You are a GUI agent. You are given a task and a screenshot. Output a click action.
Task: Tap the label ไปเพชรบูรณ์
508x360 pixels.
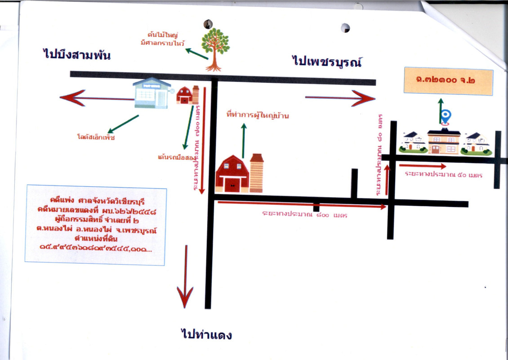327,61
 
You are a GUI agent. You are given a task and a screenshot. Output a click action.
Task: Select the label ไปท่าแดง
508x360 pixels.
206,335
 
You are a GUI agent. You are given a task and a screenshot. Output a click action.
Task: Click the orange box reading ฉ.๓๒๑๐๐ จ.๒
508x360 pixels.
448,81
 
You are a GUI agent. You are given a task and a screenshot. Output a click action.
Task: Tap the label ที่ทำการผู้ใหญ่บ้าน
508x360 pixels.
258,116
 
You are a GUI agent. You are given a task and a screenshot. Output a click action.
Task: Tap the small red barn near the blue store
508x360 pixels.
184,95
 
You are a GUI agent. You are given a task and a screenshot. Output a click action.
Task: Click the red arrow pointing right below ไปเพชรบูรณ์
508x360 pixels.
340,98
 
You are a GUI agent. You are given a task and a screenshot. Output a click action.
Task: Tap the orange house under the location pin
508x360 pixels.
443,142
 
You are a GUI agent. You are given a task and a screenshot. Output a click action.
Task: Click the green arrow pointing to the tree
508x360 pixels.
196,54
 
